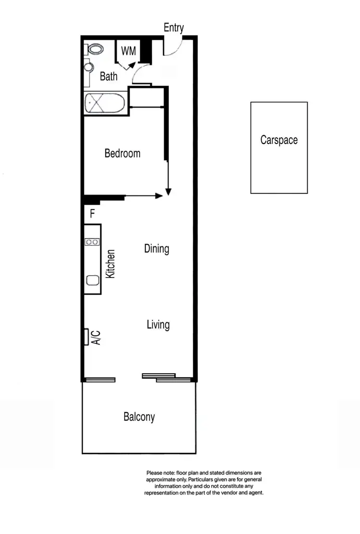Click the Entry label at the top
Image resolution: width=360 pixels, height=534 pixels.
173,28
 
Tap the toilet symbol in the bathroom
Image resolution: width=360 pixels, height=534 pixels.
95,49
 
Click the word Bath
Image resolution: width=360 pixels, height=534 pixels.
108,76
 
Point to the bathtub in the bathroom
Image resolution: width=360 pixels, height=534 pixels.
105,103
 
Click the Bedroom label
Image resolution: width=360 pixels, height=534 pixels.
122,154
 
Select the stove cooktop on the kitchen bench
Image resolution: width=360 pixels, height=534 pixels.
92,242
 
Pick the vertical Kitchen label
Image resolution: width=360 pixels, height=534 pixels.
110,264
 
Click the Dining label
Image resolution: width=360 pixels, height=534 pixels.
156,249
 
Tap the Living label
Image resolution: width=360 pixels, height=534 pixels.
158,325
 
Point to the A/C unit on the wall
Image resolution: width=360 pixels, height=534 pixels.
86,337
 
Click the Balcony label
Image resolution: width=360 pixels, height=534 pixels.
139,417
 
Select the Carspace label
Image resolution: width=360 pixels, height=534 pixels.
279,140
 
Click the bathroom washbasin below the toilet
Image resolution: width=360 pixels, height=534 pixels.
88,67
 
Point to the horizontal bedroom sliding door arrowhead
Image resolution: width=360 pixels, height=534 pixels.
159,195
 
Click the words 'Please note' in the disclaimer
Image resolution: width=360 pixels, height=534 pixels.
158,473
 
